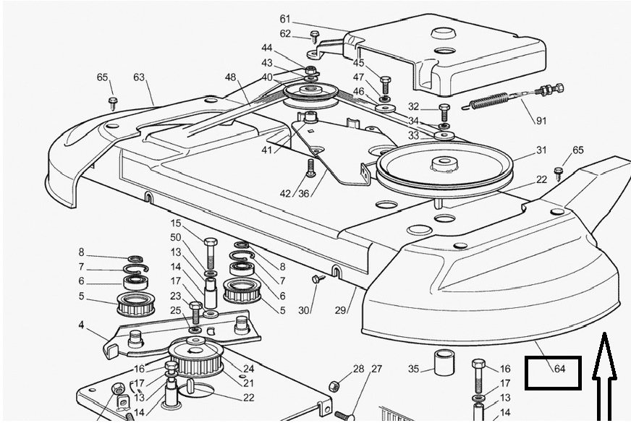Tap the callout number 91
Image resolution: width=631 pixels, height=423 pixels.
coord(541,121)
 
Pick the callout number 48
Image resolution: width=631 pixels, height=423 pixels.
coord(230,77)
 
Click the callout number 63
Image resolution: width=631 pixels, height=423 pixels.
coord(139,77)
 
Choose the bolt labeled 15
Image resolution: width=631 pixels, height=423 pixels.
coord(211,250)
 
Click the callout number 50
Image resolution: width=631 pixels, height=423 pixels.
coord(176,237)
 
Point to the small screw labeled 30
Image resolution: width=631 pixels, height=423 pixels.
coord(315,279)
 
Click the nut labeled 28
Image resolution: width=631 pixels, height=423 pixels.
coord(335,385)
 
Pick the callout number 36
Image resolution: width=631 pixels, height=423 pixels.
coord(303,193)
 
